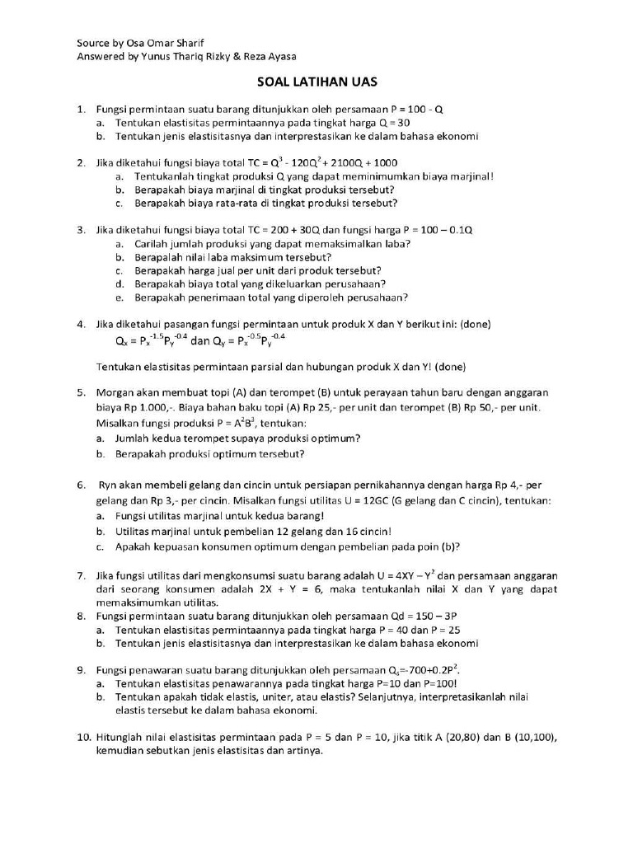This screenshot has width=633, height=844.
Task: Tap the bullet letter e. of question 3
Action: pyautogui.click(x=120, y=298)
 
